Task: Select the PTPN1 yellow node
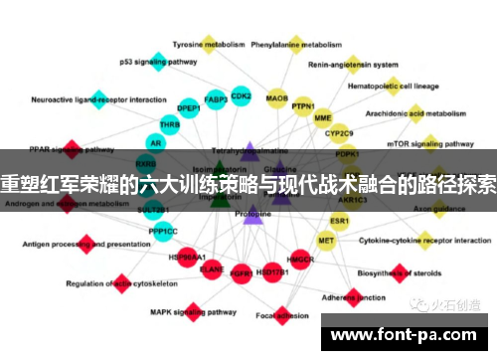point(303,106)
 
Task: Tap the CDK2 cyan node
point(242,96)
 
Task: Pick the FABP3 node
point(215,99)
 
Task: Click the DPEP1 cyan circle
point(189,107)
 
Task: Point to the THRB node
point(170,125)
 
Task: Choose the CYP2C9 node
point(340,132)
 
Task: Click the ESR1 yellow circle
point(340,220)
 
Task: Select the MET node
point(326,241)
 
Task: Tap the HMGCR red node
point(300,261)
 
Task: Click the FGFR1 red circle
point(241,270)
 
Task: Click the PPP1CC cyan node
point(164,232)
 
